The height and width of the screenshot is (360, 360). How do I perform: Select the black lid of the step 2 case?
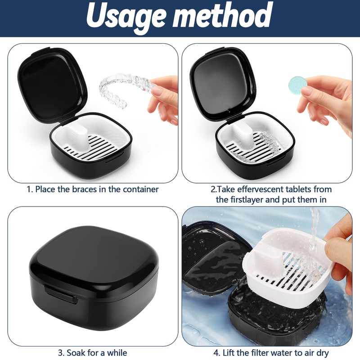click(x=223, y=83)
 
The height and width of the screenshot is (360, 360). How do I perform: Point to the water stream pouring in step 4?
click(x=314, y=232)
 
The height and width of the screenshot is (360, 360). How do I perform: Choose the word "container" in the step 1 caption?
click(x=140, y=189)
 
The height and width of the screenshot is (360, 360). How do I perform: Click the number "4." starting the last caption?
click(x=217, y=352)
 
